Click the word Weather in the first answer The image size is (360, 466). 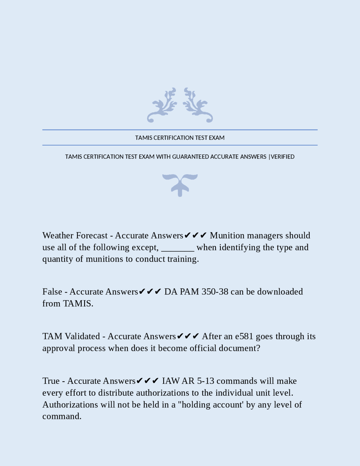click(58, 235)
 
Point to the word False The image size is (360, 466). click(52, 292)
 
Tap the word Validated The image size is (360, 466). click(82, 336)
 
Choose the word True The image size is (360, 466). click(51, 381)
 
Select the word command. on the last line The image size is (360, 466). click(62, 416)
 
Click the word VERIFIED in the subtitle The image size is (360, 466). click(283, 157)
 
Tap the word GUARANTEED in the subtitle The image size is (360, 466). click(190, 157)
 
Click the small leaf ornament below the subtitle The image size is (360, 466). click(180, 185)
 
